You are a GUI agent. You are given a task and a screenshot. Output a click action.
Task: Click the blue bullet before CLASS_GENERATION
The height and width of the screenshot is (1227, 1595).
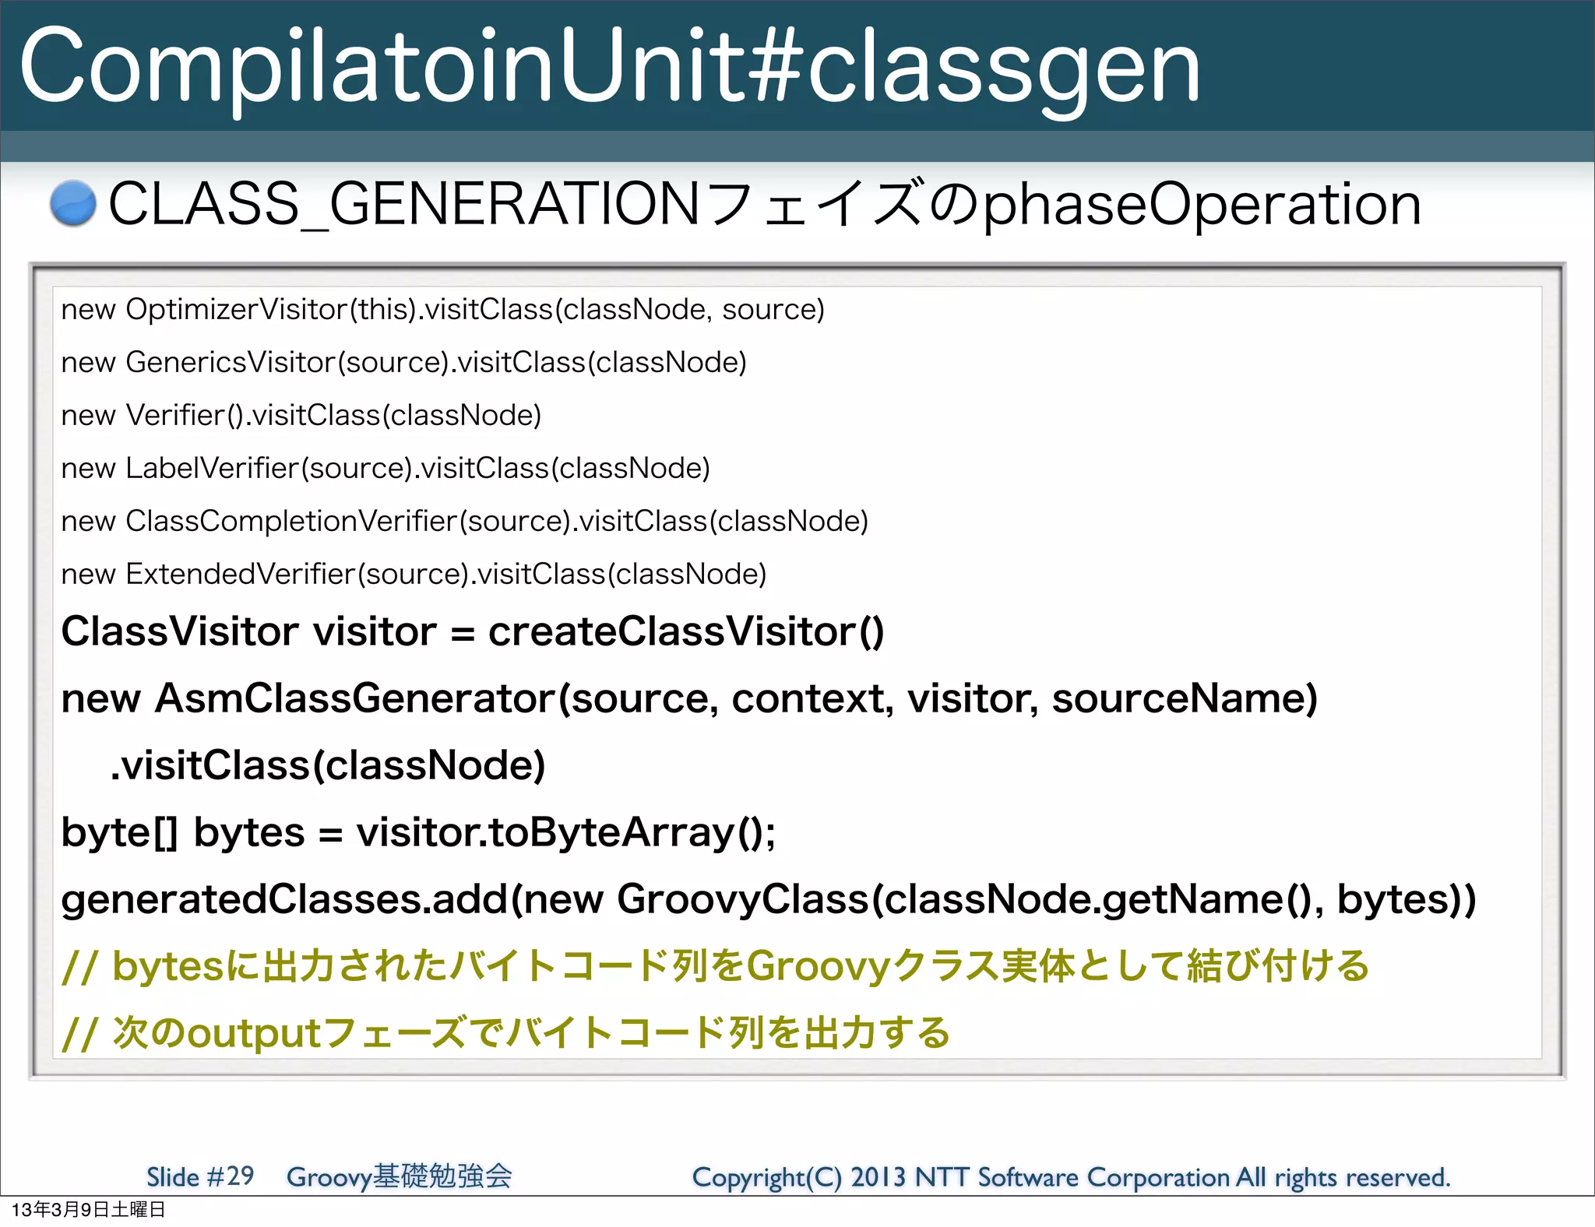click(73, 204)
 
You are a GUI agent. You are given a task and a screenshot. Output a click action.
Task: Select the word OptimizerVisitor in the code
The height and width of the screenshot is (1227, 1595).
click(236, 310)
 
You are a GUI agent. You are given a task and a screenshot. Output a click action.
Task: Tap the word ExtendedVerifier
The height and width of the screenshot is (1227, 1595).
click(240, 575)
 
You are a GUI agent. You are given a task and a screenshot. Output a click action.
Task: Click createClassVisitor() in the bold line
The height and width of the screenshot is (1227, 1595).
click(685, 631)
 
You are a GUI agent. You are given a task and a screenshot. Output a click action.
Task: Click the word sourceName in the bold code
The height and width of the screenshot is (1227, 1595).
click(1184, 698)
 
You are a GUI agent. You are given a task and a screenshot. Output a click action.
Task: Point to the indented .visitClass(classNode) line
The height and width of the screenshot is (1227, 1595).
click(327, 765)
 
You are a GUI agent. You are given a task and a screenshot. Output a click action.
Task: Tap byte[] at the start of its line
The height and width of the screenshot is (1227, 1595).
click(120, 833)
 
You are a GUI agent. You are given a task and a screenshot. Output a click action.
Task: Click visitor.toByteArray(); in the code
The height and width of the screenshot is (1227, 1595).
click(565, 833)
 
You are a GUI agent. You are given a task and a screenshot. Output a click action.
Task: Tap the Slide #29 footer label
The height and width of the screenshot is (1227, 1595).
click(200, 1176)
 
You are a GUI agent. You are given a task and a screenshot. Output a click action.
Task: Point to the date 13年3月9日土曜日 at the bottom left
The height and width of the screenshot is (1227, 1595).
click(88, 1210)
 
